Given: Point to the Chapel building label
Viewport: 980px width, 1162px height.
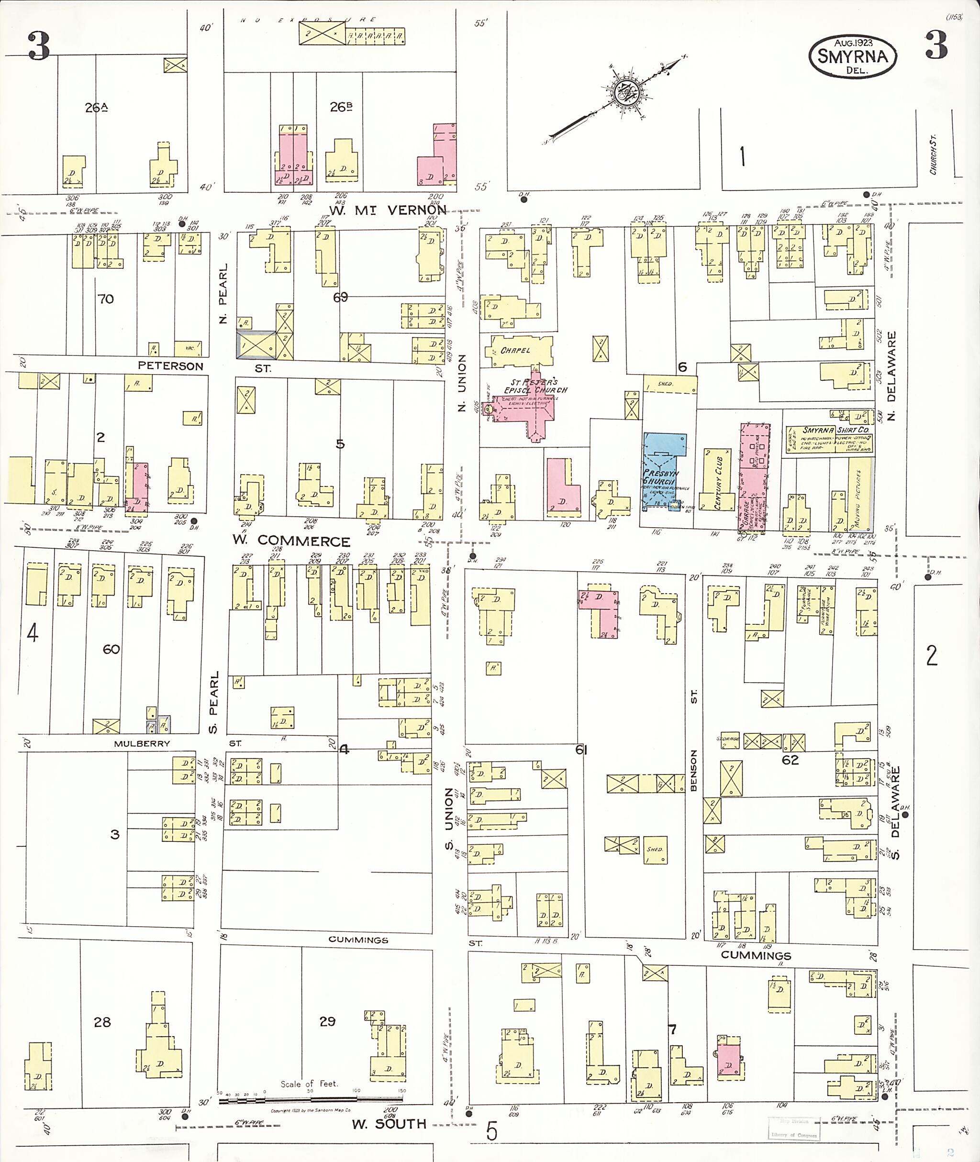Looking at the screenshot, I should pos(515,351).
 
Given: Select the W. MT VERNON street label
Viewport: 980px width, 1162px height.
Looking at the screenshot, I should pos(388,210).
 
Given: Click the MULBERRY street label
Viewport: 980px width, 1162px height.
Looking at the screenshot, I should pos(142,743).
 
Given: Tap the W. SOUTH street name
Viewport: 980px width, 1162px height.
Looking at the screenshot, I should pos(389,1123).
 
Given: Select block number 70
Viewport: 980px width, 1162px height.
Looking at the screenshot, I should pos(106,299).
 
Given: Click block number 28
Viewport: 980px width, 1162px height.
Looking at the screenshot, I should pos(102,1021).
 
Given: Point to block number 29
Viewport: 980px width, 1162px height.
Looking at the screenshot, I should pos(327,1021).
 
